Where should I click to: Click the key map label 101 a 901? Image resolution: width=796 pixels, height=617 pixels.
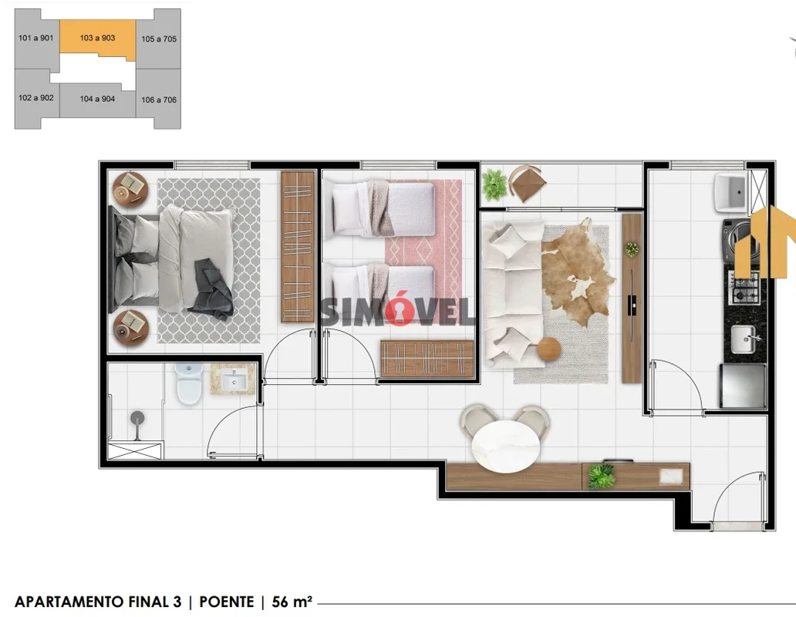coord(35,38)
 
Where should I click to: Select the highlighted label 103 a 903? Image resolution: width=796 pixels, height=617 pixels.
coord(97,38)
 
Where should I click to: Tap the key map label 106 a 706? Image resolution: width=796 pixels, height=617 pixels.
coord(159,100)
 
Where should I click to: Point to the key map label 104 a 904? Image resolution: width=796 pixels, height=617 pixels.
coord(97,99)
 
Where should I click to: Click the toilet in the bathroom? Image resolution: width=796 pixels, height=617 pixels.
coord(189,383)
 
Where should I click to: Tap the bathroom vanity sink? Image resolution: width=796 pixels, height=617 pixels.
coord(234,379)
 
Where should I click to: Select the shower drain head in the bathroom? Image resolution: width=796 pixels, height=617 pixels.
coord(137,418)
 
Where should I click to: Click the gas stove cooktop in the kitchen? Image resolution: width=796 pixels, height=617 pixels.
coord(745,288)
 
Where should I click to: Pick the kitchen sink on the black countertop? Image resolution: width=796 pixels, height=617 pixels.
coord(744,339)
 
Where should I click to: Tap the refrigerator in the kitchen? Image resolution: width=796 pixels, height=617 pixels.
coord(743,386)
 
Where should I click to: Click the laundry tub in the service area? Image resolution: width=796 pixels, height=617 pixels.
coord(731,193)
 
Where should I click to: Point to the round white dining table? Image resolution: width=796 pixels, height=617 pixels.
coord(506,447)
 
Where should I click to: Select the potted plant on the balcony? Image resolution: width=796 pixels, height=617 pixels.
coord(494,184)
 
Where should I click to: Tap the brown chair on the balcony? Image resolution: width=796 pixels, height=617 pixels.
coord(528,183)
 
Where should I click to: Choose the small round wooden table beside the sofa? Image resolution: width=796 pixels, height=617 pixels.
coord(548,349)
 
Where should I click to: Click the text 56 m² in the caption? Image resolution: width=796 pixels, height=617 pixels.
coord(292,602)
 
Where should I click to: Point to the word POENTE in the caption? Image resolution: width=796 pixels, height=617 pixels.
coord(227,602)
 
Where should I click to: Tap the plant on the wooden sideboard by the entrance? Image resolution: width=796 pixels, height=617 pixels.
coord(601,476)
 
